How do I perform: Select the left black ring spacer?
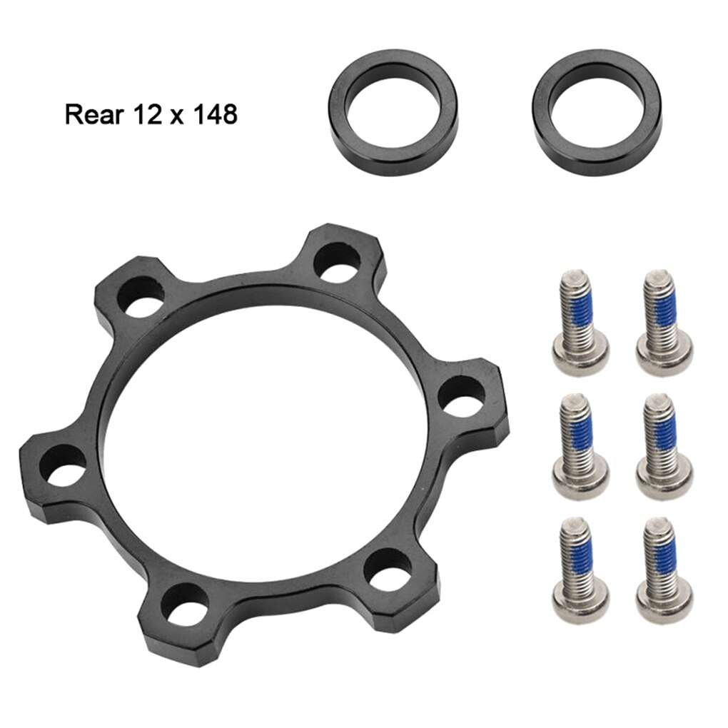(x=393, y=113)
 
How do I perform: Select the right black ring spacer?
(x=597, y=113)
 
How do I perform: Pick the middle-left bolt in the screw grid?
(x=580, y=447)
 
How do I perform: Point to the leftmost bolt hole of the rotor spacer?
(x=62, y=465)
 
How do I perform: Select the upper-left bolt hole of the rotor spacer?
(x=140, y=296)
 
